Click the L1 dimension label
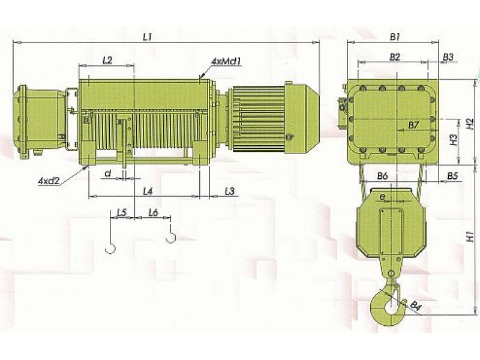tap(147, 37)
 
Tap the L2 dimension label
tap(107, 61)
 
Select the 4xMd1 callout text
tap(227, 62)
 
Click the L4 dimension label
tap(148, 191)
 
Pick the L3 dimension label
tap(230, 191)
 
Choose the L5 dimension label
tap(122, 212)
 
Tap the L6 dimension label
tap(153, 212)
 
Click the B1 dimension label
tap(395, 37)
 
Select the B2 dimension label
tap(395, 56)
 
